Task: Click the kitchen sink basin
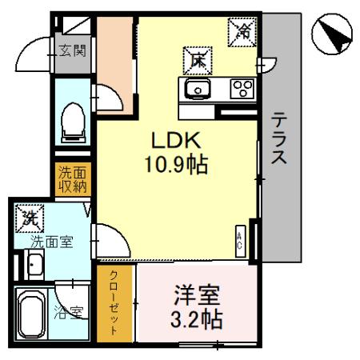click(x=197, y=88)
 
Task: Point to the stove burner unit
click(x=242, y=88)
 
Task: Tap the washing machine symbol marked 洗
click(x=30, y=217)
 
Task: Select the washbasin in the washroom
click(x=34, y=265)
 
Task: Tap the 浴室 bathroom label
click(x=69, y=312)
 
